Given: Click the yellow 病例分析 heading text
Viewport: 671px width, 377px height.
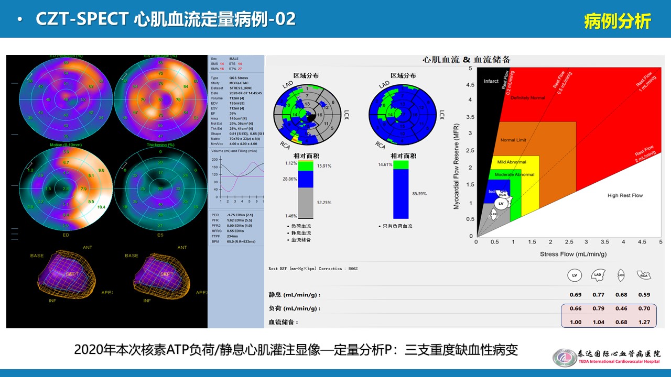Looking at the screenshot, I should [x=617, y=21].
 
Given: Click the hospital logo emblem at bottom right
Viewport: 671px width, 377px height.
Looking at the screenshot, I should [x=564, y=358].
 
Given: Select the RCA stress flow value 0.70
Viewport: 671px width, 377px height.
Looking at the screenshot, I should [x=644, y=308].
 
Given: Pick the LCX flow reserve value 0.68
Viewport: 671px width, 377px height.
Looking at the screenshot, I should [x=621, y=322].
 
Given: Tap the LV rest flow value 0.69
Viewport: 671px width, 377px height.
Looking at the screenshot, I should [x=576, y=295].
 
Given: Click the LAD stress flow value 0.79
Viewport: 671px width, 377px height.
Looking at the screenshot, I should [x=598, y=308].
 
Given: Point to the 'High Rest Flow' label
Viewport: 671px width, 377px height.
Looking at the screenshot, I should [x=625, y=195].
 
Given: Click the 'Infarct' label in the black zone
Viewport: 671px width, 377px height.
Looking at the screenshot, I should [x=491, y=81].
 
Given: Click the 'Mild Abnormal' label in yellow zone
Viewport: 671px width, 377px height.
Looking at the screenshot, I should [x=512, y=162].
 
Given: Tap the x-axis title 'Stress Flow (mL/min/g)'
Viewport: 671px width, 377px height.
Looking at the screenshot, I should [x=573, y=254].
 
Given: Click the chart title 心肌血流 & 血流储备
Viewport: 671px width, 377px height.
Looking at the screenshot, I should [x=466, y=60].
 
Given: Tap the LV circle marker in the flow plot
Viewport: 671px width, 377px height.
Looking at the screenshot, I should [x=501, y=203].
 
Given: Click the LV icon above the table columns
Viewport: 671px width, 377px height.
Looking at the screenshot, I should [x=575, y=274].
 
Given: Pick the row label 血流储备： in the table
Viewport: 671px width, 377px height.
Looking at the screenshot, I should [x=284, y=322].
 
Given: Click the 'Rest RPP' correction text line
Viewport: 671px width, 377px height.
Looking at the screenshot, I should [x=312, y=269].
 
